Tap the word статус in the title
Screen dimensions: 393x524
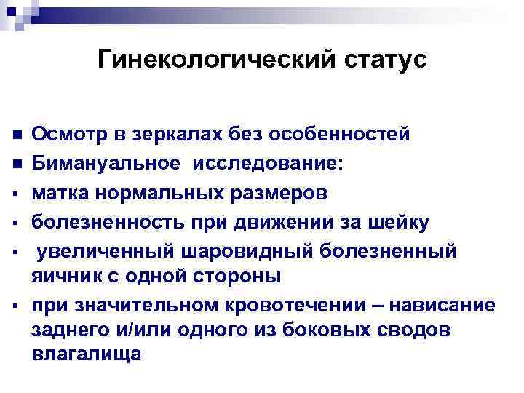(388, 61)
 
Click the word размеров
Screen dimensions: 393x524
(275, 192)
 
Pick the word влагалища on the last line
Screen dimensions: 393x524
(88, 354)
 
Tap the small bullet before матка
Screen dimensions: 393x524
(17, 194)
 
